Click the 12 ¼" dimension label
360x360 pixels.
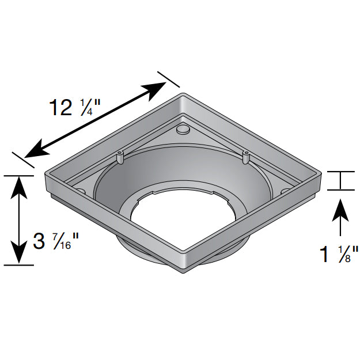coord(74,107)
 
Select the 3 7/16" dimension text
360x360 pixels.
coord(55,240)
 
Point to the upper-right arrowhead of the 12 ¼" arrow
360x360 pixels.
coord(158,88)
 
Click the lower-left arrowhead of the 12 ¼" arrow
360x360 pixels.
coord(35,151)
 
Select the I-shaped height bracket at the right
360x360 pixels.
coord(340,180)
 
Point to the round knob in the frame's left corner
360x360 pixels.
coord(80,191)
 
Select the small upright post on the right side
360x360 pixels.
coord(246,156)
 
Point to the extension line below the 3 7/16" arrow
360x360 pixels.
coord(18,265)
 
